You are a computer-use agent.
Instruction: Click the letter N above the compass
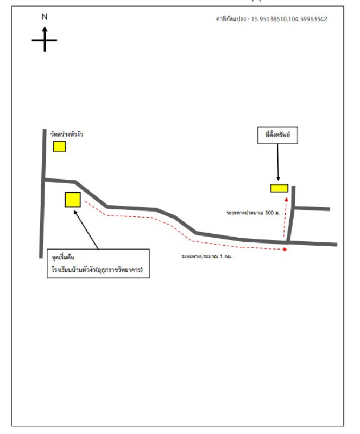click(x=45, y=17)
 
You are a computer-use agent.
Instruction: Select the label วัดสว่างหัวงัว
click(x=67, y=135)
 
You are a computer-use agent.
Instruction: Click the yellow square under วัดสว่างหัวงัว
click(x=59, y=146)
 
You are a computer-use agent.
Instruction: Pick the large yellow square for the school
click(x=73, y=200)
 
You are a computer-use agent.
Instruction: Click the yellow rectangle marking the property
click(x=279, y=188)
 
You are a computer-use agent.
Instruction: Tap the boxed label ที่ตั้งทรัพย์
click(x=277, y=135)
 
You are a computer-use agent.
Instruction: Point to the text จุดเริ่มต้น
click(x=63, y=257)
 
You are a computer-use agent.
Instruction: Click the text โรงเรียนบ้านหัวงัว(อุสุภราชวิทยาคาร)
click(x=97, y=269)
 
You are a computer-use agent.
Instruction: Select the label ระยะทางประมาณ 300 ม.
click(x=253, y=213)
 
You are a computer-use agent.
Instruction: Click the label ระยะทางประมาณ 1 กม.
click(x=207, y=256)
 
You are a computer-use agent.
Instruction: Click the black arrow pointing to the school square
click(x=86, y=229)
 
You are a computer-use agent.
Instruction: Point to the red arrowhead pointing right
click(x=285, y=250)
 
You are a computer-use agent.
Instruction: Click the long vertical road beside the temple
click(x=43, y=194)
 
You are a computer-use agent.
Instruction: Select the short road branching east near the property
click(x=312, y=208)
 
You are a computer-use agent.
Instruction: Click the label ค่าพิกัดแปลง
click(x=231, y=19)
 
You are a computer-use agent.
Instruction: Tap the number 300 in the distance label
click(x=269, y=213)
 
